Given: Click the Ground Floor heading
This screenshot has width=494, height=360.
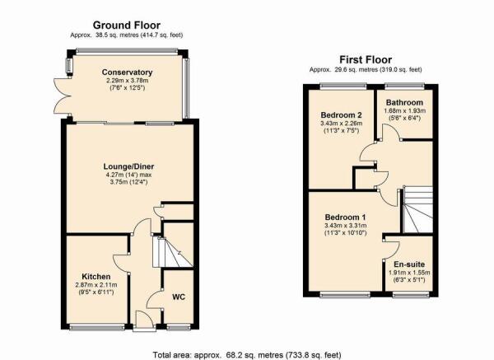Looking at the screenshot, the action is pos(127,26).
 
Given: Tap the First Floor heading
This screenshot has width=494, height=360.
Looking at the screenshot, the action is pos(366,59).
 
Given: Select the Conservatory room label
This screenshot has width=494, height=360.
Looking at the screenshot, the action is pos(127,72).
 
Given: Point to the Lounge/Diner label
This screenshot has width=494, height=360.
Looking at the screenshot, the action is pos(129,166).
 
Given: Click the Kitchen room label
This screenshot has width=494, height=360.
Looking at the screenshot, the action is pos(96,277).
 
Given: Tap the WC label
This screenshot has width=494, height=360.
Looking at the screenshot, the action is pos(179,297).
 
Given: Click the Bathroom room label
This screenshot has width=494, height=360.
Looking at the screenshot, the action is pos(404,102).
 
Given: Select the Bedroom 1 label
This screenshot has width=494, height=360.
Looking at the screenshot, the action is pos(345,217).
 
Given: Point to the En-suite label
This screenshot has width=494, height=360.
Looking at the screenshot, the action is pos(409,264).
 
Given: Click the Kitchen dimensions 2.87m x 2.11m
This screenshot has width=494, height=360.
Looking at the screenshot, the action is pos(96,285).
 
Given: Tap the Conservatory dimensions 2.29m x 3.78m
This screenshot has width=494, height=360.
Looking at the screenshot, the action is pos(128,81).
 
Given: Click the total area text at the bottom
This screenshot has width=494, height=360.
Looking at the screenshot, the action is pos(247,355).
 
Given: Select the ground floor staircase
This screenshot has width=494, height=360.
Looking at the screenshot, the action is pos(173,252).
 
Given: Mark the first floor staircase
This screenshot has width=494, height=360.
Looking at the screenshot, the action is pos(417,209).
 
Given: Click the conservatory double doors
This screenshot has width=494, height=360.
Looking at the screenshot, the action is pos(62,96).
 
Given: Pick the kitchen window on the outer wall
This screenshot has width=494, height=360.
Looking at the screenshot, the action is pos(97,328).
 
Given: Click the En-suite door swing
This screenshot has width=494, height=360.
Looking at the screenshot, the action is pos(392,250).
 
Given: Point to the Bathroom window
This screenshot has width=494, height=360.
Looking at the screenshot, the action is pos(404,85).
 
